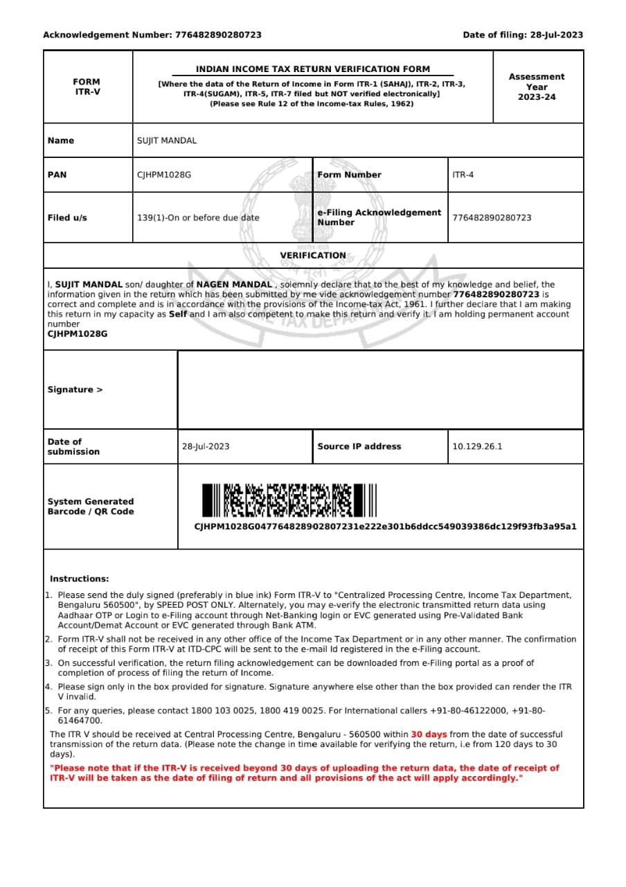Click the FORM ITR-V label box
tap(87, 87)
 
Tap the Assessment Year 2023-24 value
tap(536, 87)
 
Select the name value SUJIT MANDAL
tap(167, 141)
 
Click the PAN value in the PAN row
tap(164, 175)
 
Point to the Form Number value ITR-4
tap(463, 175)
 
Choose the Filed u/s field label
tap(67, 218)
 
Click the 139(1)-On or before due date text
tap(198, 218)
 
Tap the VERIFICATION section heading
tap(313, 256)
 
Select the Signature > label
tap(75, 389)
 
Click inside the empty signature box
tap(379, 389)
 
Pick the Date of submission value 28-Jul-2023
tap(206, 446)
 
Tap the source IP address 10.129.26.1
tap(477, 446)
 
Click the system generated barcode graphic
tap(289, 500)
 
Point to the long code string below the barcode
tap(385, 527)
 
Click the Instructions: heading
tap(79, 579)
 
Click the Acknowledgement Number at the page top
tap(152, 35)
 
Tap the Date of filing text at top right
tap(523, 35)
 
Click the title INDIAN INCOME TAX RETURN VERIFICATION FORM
tap(312, 69)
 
